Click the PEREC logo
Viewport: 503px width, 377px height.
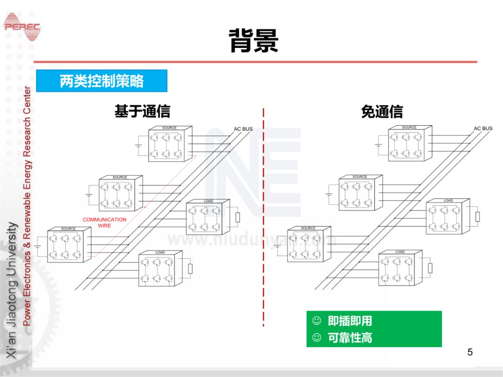(22, 27)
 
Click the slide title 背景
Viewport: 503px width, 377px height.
(253, 40)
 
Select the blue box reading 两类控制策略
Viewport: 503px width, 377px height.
(102, 81)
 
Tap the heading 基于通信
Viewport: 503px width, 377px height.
(143, 111)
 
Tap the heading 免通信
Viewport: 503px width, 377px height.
(382, 112)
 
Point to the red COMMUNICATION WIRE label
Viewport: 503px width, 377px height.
(104, 222)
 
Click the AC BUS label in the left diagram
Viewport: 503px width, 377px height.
(243, 129)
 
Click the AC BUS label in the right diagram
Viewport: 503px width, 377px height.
(483, 128)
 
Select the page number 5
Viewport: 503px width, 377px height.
(470, 352)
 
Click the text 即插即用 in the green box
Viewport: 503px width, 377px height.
(350, 321)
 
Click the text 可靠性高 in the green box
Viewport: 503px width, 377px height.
(350, 338)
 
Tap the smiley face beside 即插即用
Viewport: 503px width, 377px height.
(317, 321)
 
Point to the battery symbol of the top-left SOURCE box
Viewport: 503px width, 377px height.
(138, 145)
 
